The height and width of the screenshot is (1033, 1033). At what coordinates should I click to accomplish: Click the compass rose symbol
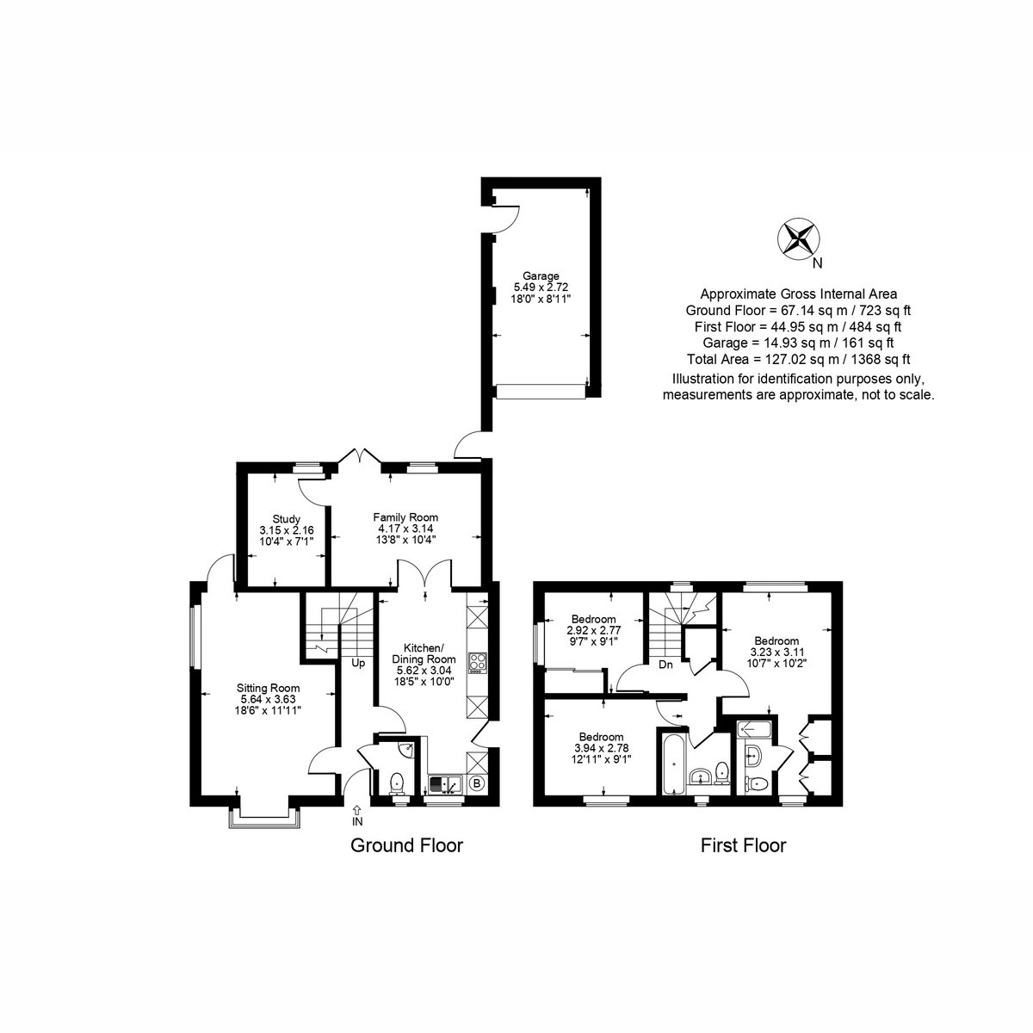pos(799,238)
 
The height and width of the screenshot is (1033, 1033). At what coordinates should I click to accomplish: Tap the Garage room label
pos(541,276)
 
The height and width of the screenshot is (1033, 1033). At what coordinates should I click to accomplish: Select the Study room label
pos(287,519)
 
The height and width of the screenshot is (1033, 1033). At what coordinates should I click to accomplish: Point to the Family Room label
pos(405,517)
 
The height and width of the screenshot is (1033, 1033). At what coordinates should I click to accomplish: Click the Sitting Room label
pos(268,689)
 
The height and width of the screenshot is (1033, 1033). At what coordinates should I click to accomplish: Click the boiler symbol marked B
pos(477,783)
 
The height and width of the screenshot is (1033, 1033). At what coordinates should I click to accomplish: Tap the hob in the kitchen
pos(477,663)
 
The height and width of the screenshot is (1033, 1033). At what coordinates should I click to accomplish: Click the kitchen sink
pos(445,783)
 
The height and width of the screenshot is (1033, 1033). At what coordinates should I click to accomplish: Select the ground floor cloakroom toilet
pos(397,783)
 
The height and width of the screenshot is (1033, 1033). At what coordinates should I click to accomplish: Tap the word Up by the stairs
pos(358,664)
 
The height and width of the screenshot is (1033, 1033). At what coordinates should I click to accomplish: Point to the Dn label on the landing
pos(665,665)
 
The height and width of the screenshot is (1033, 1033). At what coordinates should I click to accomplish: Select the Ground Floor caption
pos(406,845)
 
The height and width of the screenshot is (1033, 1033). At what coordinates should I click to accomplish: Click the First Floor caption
pos(743,845)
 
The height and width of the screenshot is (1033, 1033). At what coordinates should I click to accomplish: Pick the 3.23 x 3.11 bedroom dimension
pos(776,652)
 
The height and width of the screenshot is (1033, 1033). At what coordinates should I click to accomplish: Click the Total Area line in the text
pos(798,359)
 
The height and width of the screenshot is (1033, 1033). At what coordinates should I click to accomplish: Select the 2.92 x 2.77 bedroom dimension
pos(593,630)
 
